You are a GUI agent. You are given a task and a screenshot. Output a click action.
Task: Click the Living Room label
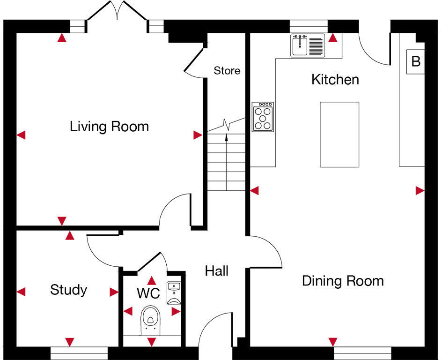(x=109, y=127)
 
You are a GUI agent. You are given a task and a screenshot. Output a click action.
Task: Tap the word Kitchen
(x=335, y=80)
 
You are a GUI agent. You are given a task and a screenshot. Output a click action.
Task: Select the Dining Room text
(x=343, y=281)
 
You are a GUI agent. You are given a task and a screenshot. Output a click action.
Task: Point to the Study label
(x=68, y=290)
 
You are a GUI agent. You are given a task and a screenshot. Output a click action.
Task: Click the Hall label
(x=216, y=271)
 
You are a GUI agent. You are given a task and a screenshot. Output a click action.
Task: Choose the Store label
(x=227, y=71)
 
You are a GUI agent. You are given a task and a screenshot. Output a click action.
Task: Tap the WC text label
(x=148, y=294)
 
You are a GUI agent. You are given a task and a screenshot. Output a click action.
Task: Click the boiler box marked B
(x=415, y=61)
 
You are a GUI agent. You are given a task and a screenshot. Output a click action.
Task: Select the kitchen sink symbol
(x=308, y=45)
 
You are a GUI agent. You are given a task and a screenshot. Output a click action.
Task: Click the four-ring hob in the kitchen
(x=263, y=117)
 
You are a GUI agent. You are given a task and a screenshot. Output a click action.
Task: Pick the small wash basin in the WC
(x=174, y=287)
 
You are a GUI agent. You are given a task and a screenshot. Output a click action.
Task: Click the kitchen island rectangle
(x=339, y=135)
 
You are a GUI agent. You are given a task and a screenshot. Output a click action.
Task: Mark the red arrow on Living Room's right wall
(x=198, y=135)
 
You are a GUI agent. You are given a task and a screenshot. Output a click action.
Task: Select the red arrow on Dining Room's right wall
(x=420, y=191)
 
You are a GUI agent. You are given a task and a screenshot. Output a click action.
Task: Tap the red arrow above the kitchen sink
(x=332, y=38)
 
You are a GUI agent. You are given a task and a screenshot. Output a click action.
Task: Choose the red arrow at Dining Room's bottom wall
(x=333, y=342)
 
